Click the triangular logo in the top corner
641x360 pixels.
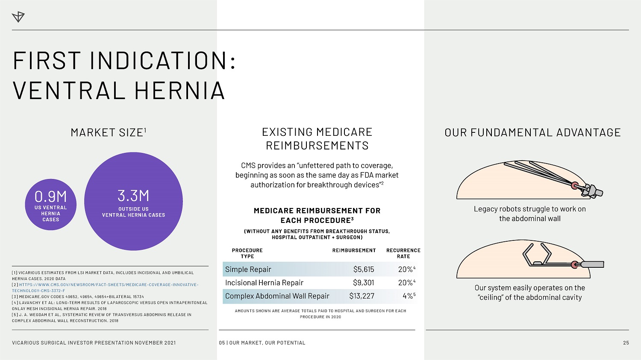(x=18, y=17)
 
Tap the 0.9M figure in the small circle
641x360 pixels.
(x=51, y=197)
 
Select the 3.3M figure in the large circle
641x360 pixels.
(x=133, y=196)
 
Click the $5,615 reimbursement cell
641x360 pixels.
(x=363, y=269)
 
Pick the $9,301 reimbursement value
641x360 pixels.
(x=363, y=283)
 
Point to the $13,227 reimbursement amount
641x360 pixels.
(x=362, y=296)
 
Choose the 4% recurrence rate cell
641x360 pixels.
(x=409, y=296)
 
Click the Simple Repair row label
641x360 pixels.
(x=248, y=269)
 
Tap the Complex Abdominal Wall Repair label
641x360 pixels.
(x=277, y=296)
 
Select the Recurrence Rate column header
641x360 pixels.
(x=403, y=253)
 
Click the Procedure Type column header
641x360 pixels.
(x=247, y=253)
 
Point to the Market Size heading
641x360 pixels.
(x=109, y=132)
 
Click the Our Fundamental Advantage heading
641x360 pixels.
(x=532, y=133)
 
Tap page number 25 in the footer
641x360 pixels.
(x=626, y=342)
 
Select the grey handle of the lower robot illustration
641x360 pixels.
(x=592, y=264)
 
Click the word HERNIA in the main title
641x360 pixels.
(x=180, y=91)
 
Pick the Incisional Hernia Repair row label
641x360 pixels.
(x=264, y=283)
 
